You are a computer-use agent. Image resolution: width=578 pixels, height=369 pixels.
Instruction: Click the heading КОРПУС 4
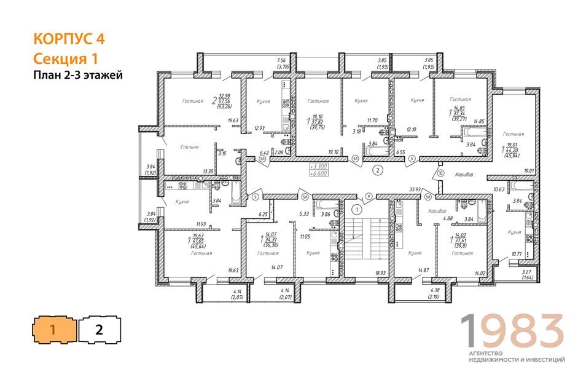(69, 39)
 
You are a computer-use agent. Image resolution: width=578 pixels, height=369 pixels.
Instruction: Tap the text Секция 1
(66, 58)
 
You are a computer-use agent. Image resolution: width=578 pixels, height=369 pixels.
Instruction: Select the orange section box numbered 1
(55, 329)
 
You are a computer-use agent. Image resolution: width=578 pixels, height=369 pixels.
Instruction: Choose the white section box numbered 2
(99, 329)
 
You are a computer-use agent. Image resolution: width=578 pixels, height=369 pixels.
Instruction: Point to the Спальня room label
(190, 148)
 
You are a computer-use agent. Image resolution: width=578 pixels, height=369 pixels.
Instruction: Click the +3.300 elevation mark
(319, 167)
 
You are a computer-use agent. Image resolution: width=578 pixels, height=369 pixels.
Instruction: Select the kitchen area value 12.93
(259, 129)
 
